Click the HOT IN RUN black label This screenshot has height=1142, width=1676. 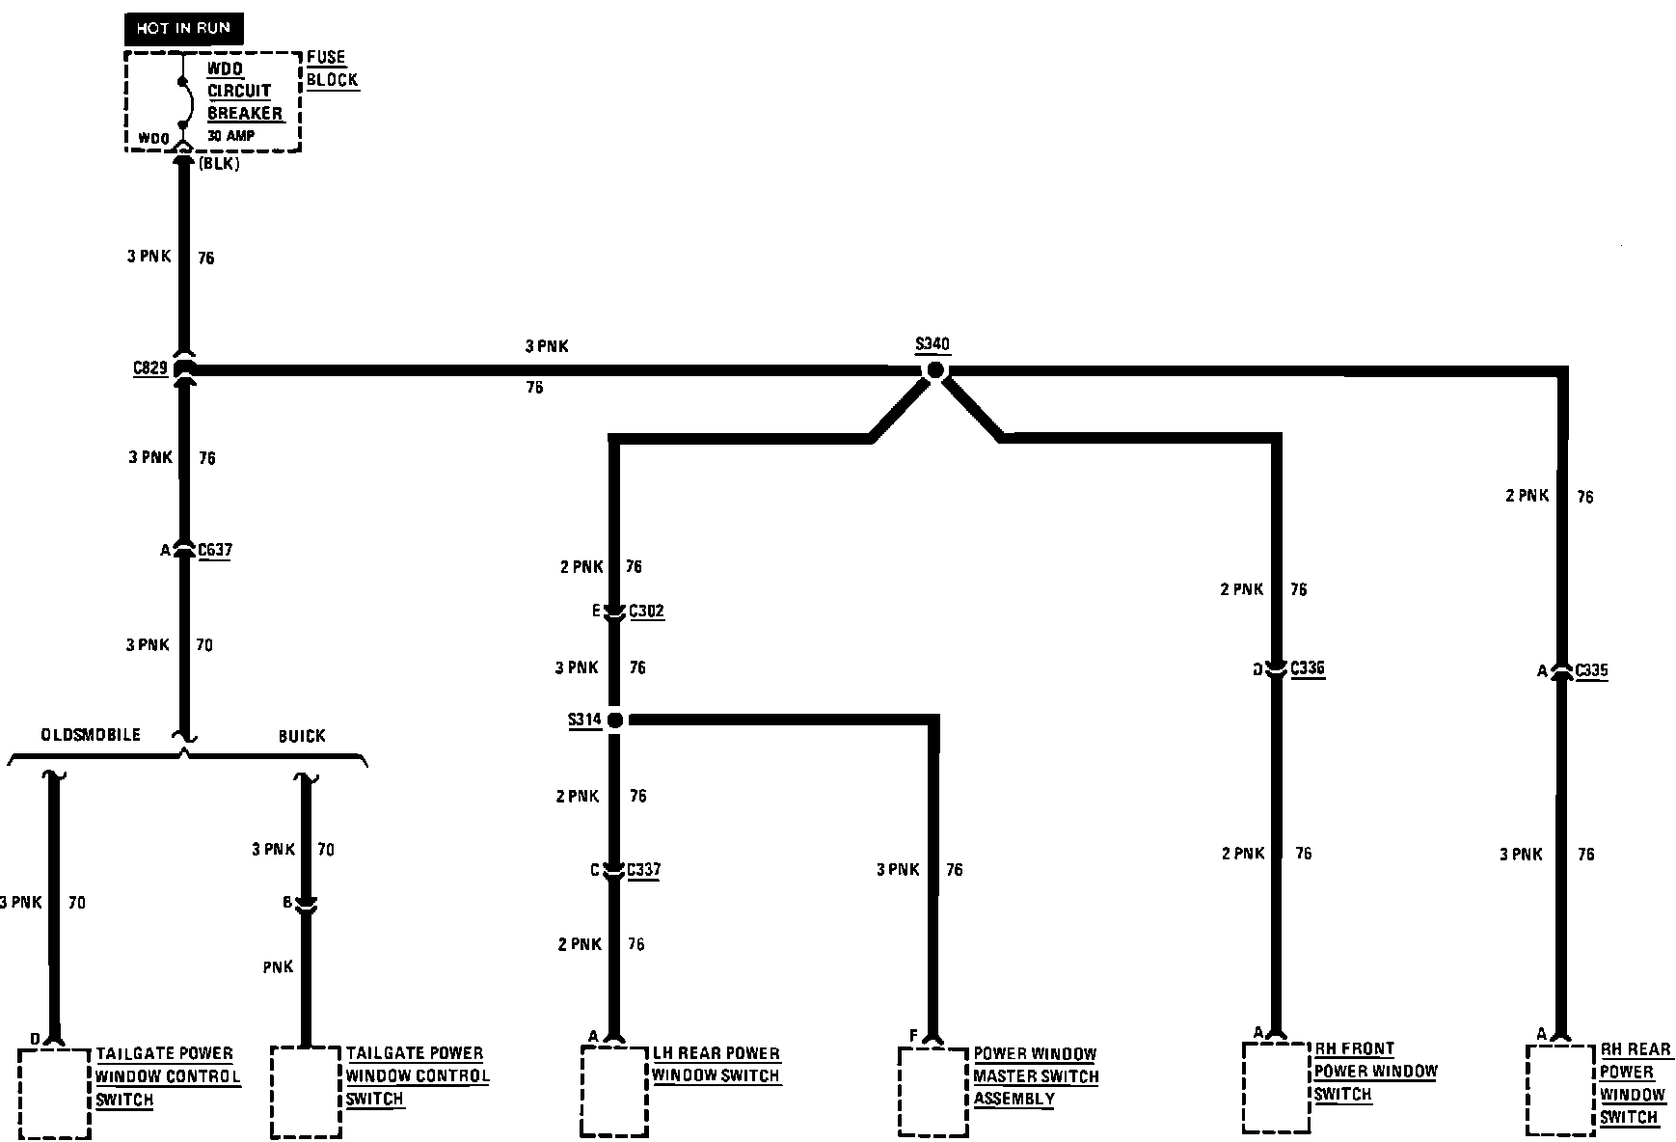pyautogui.click(x=183, y=28)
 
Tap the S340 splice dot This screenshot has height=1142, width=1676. pyautogui.click(x=933, y=370)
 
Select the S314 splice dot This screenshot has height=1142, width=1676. pyautogui.click(x=614, y=720)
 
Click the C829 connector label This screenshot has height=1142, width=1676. pyautogui.click(x=150, y=367)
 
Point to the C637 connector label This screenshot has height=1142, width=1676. pyautogui.click(x=214, y=551)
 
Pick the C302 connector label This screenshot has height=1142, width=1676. pyautogui.click(x=646, y=611)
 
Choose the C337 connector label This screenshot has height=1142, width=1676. pyautogui.click(x=643, y=870)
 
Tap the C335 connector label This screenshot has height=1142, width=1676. pyautogui.click(x=1590, y=670)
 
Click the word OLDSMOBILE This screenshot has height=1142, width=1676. pyautogui.click(x=91, y=735)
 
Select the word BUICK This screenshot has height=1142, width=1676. pyautogui.click(x=302, y=736)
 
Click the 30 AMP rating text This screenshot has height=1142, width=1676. pyautogui.click(x=231, y=136)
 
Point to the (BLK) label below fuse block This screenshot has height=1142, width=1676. pyautogui.click(x=219, y=164)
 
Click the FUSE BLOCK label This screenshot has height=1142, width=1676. pyautogui.click(x=332, y=68)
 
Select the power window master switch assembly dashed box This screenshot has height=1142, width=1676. pyautogui.click(x=933, y=1091)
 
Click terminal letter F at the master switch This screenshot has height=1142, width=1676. pyautogui.click(x=912, y=1036)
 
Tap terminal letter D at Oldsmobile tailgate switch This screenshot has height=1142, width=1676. pyautogui.click(x=35, y=1039)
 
